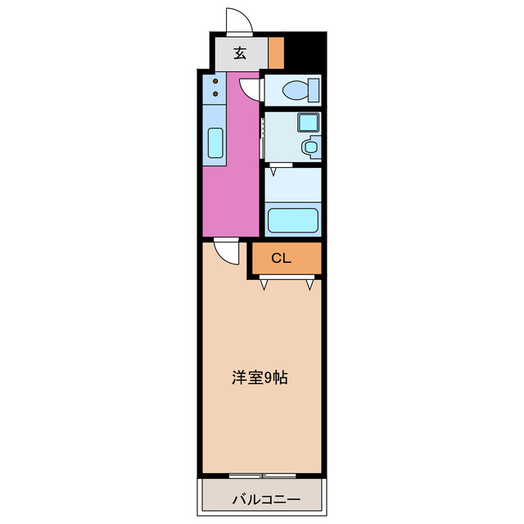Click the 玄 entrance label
[x=240, y=53]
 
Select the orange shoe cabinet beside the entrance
[x=276, y=53]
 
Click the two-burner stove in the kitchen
[x=215, y=88]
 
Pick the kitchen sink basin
[x=215, y=143]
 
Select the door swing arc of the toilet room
[x=250, y=85]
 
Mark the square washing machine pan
[x=308, y=123]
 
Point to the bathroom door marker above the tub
[x=273, y=170]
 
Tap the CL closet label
[x=282, y=259]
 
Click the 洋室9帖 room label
[x=259, y=378]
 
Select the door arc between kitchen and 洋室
[x=225, y=249]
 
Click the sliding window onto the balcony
[x=262, y=476]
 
